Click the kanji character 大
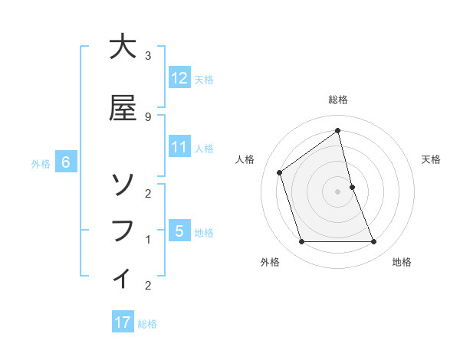coord(123,47)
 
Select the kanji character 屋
coord(123,109)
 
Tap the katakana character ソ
coord(123,185)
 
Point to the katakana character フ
coord(123,231)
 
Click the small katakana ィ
coord(123,277)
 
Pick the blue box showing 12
coord(179,78)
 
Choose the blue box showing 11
coord(179,147)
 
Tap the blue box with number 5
coord(179,231)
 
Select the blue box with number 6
coord(66,162)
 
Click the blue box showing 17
coord(123,322)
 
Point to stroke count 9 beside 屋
coord(147,116)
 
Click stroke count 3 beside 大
coord(147,55)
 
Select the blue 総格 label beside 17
coord(147,324)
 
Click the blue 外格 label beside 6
coord(41,163)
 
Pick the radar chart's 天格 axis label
coord(431,159)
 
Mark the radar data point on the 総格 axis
coord(337,130)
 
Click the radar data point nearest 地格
coord(374,242)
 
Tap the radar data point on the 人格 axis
coord(280,172)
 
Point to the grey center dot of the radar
coord(337,191)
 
